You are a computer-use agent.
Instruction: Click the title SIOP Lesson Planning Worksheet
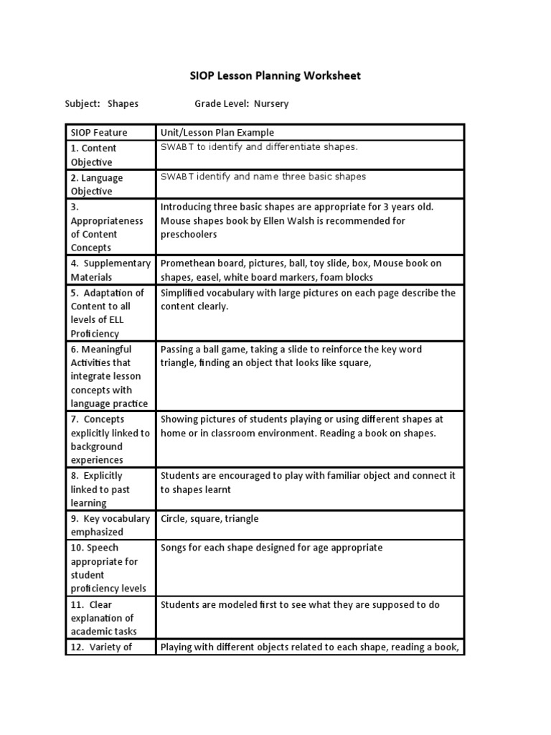[275, 75]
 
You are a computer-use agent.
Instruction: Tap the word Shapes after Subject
[123, 103]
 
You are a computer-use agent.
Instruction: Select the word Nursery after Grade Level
[270, 103]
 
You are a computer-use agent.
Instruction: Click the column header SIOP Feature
[99, 132]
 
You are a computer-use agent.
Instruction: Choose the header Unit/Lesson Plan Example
[217, 132]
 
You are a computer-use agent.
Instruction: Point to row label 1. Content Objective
[93, 155]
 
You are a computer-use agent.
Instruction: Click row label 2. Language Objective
[97, 184]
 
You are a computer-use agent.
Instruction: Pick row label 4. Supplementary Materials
[110, 270]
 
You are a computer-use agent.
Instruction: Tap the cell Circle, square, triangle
[209, 518]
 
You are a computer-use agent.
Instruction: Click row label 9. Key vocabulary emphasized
[110, 525]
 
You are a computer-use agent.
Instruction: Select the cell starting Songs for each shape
[271, 548]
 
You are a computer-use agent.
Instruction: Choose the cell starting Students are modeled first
[300, 604]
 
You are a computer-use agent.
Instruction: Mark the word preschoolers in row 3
[189, 234]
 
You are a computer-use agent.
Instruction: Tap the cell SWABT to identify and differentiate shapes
[258, 147]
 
